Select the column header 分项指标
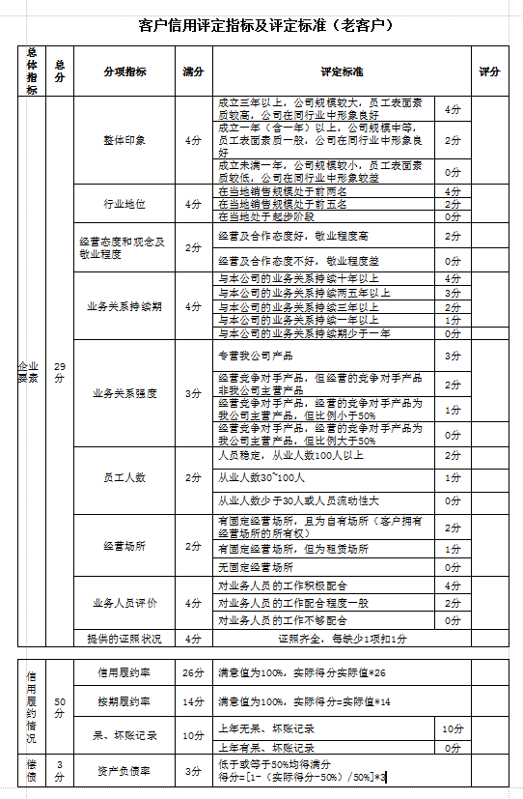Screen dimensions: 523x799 point(124,71)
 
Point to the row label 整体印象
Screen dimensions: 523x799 point(124,140)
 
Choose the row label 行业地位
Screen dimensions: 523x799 point(124,204)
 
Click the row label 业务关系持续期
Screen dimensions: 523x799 point(124,305)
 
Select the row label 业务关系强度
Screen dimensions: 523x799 point(124,393)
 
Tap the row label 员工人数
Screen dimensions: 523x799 point(124,477)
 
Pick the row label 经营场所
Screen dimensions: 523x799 point(124,546)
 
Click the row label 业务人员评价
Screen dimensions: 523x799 point(124,602)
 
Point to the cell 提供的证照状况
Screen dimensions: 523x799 point(124,639)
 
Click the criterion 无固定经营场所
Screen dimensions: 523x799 point(256,567)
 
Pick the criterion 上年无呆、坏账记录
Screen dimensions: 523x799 point(266,728)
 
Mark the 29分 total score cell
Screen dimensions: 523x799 point(60,372)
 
